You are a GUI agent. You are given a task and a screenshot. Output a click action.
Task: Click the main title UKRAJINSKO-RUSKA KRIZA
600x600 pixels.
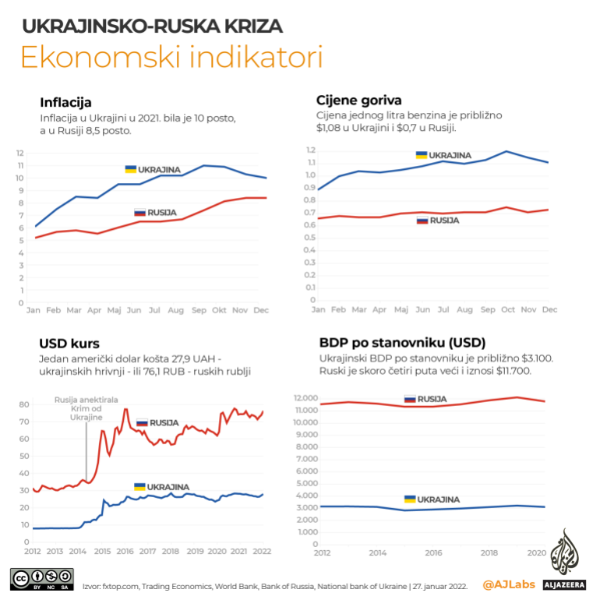tap(152, 26)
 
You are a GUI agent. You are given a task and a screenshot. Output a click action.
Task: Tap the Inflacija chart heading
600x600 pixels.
tap(65, 102)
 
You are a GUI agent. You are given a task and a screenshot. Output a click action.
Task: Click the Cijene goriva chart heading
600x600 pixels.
tap(359, 100)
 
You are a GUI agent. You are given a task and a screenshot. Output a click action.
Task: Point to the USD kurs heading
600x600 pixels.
tap(69, 344)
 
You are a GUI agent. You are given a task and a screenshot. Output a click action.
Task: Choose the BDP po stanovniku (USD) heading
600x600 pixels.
tap(401, 342)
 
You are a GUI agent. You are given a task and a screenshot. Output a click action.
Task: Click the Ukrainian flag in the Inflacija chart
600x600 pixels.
tap(131, 169)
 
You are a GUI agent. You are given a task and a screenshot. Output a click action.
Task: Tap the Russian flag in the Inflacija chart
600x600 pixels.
tap(140, 213)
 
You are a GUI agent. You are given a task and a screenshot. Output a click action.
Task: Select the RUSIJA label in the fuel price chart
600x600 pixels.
tap(444, 221)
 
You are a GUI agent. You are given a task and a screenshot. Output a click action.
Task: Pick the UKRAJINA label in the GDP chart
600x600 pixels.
tap(438, 499)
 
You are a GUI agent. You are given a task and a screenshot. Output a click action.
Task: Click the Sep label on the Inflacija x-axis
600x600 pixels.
tap(198, 310)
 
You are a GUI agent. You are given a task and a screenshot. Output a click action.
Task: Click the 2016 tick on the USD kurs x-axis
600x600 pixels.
tap(125, 552)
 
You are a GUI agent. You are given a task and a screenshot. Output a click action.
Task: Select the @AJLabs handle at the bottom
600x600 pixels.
tap(507, 583)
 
